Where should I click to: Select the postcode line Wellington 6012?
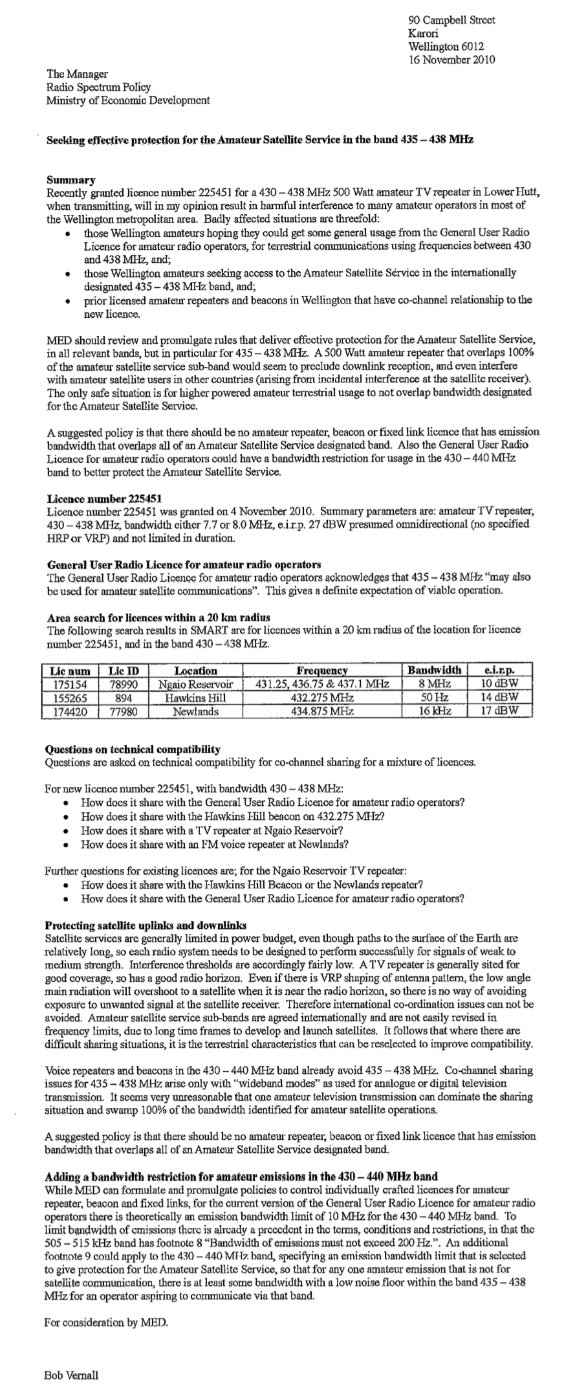[446, 47]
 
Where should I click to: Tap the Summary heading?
[71, 180]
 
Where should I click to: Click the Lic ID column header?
[124, 671]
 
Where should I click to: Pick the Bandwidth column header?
[433, 671]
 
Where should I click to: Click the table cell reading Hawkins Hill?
[196, 698]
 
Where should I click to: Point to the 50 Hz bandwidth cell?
[433, 698]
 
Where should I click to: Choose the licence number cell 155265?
[71, 698]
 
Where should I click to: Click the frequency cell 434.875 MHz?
[322, 711]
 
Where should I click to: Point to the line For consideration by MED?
[107, 1323]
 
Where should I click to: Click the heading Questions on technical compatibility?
[133, 749]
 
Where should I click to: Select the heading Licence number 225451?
[104, 498]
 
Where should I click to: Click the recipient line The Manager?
[77, 74]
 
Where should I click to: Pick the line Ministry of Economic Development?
[127, 100]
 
